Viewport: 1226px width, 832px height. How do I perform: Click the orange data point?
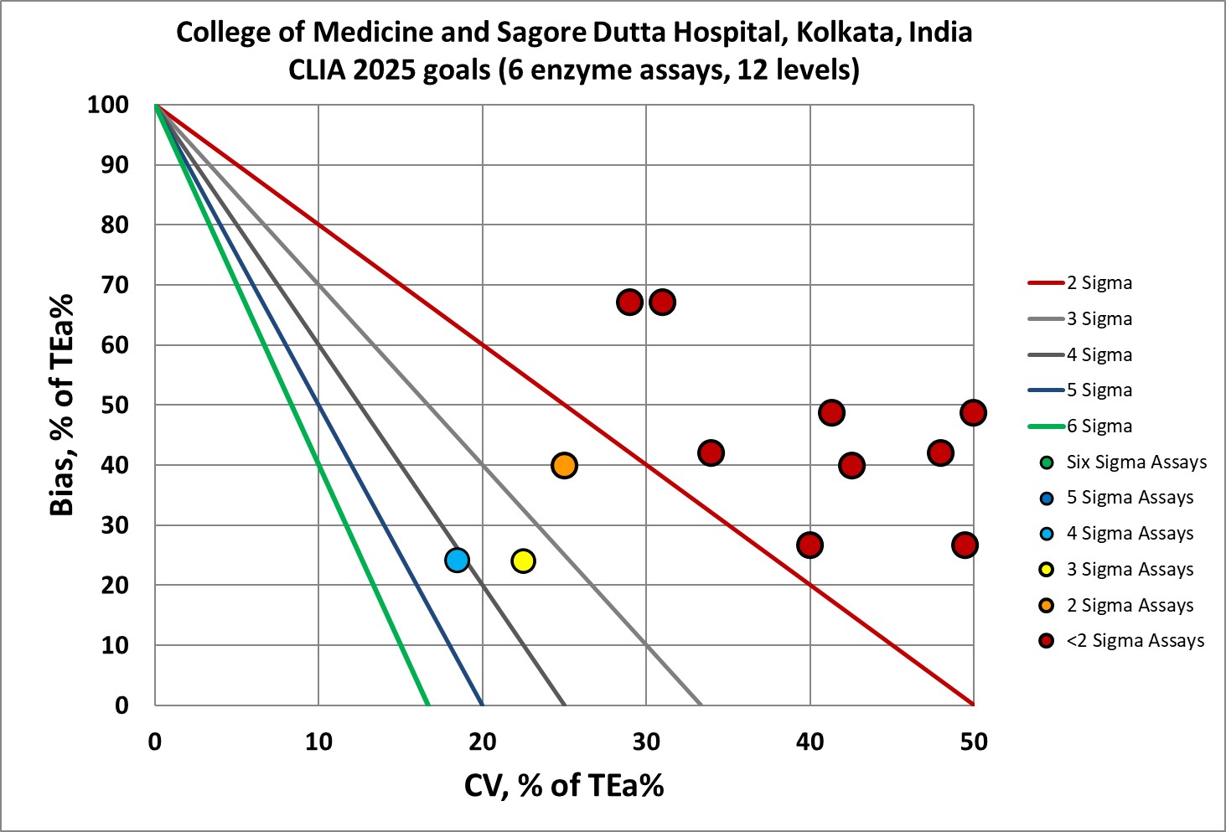click(564, 465)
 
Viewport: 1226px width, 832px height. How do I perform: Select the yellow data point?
click(523, 561)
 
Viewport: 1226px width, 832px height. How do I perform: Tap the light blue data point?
click(457, 560)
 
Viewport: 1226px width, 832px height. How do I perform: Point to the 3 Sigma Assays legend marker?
click(1047, 570)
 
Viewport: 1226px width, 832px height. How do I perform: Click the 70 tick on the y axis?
click(115, 285)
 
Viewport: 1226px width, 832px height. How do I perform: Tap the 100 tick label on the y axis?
click(108, 105)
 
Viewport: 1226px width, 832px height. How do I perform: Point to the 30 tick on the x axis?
click(646, 742)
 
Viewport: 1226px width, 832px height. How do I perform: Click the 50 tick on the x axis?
click(974, 742)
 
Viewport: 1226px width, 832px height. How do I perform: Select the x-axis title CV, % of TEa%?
click(564, 785)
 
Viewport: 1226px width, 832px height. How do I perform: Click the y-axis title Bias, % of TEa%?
click(62, 405)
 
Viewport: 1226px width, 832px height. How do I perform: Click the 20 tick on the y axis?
click(115, 586)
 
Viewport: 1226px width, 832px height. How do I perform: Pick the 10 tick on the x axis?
click(318, 742)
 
